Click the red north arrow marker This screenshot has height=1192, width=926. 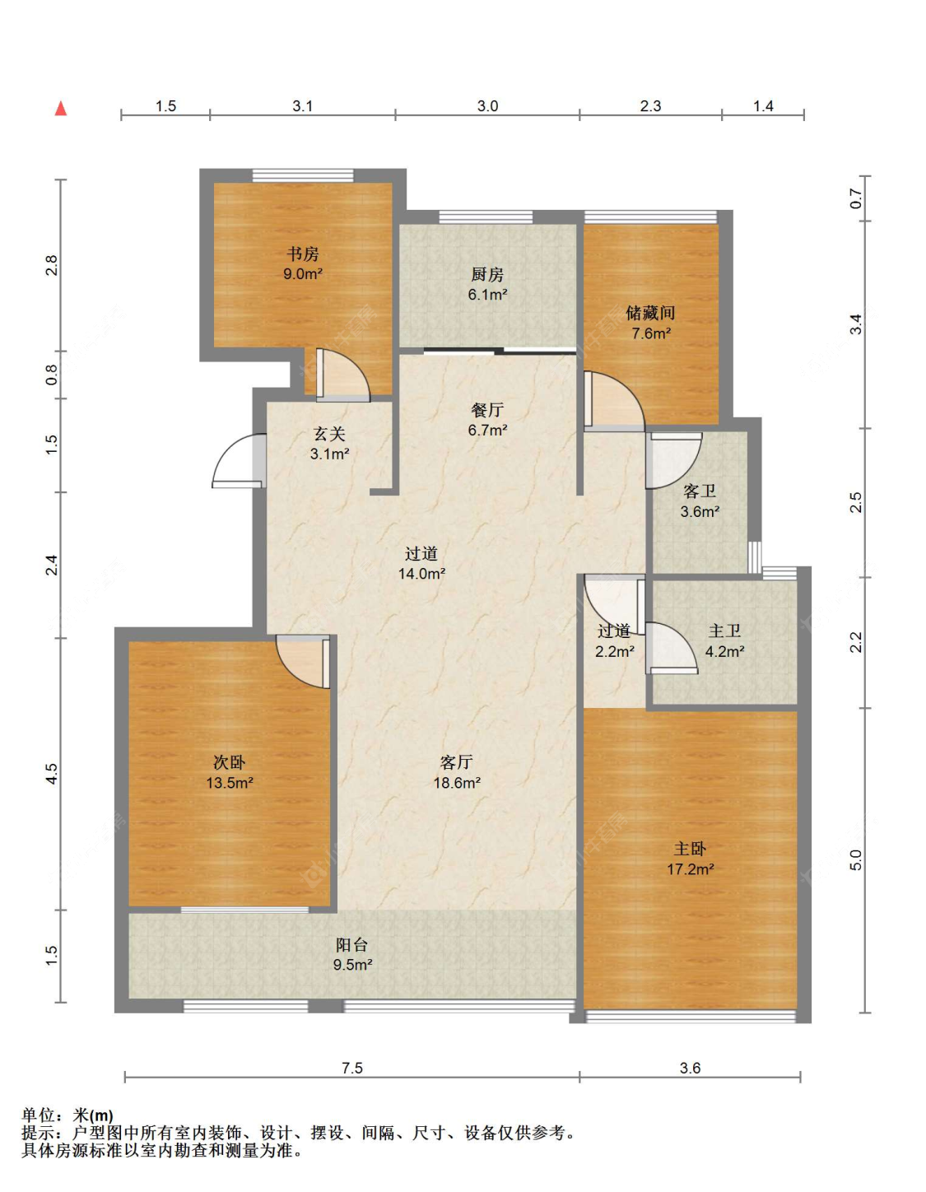[61, 109]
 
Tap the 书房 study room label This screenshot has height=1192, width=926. [303, 254]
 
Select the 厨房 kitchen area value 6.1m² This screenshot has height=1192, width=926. [487, 295]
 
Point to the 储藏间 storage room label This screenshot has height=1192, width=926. [650, 313]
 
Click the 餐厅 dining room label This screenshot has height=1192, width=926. [487, 410]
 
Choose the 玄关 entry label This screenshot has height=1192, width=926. [329, 434]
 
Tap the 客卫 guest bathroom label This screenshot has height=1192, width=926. [700, 491]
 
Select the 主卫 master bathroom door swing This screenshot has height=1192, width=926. [671, 648]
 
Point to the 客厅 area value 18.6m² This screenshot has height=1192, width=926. [458, 783]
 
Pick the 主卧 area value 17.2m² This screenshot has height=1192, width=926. [691, 869]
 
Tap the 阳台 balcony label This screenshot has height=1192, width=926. [352, 944]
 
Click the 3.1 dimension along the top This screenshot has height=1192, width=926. [302, 106]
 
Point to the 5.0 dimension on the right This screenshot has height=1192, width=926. [856, 859]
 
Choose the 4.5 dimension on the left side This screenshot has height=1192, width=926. [51, 773]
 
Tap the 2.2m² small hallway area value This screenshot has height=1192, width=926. [615, 651]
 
